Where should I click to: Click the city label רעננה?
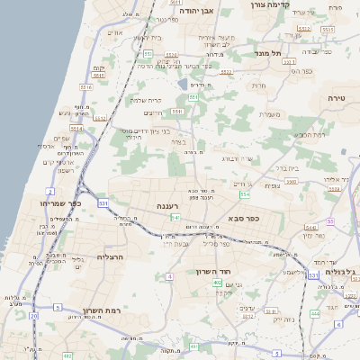pos(169,206)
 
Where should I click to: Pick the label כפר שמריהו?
pos(61,203)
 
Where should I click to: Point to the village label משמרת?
pos(270,113)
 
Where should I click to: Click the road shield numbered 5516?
pos(112,87)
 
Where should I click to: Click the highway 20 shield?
pos(34,316)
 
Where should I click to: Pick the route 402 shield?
pos(218,283)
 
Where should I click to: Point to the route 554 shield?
pos(245,193)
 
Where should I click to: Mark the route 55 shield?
pos(330,220)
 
